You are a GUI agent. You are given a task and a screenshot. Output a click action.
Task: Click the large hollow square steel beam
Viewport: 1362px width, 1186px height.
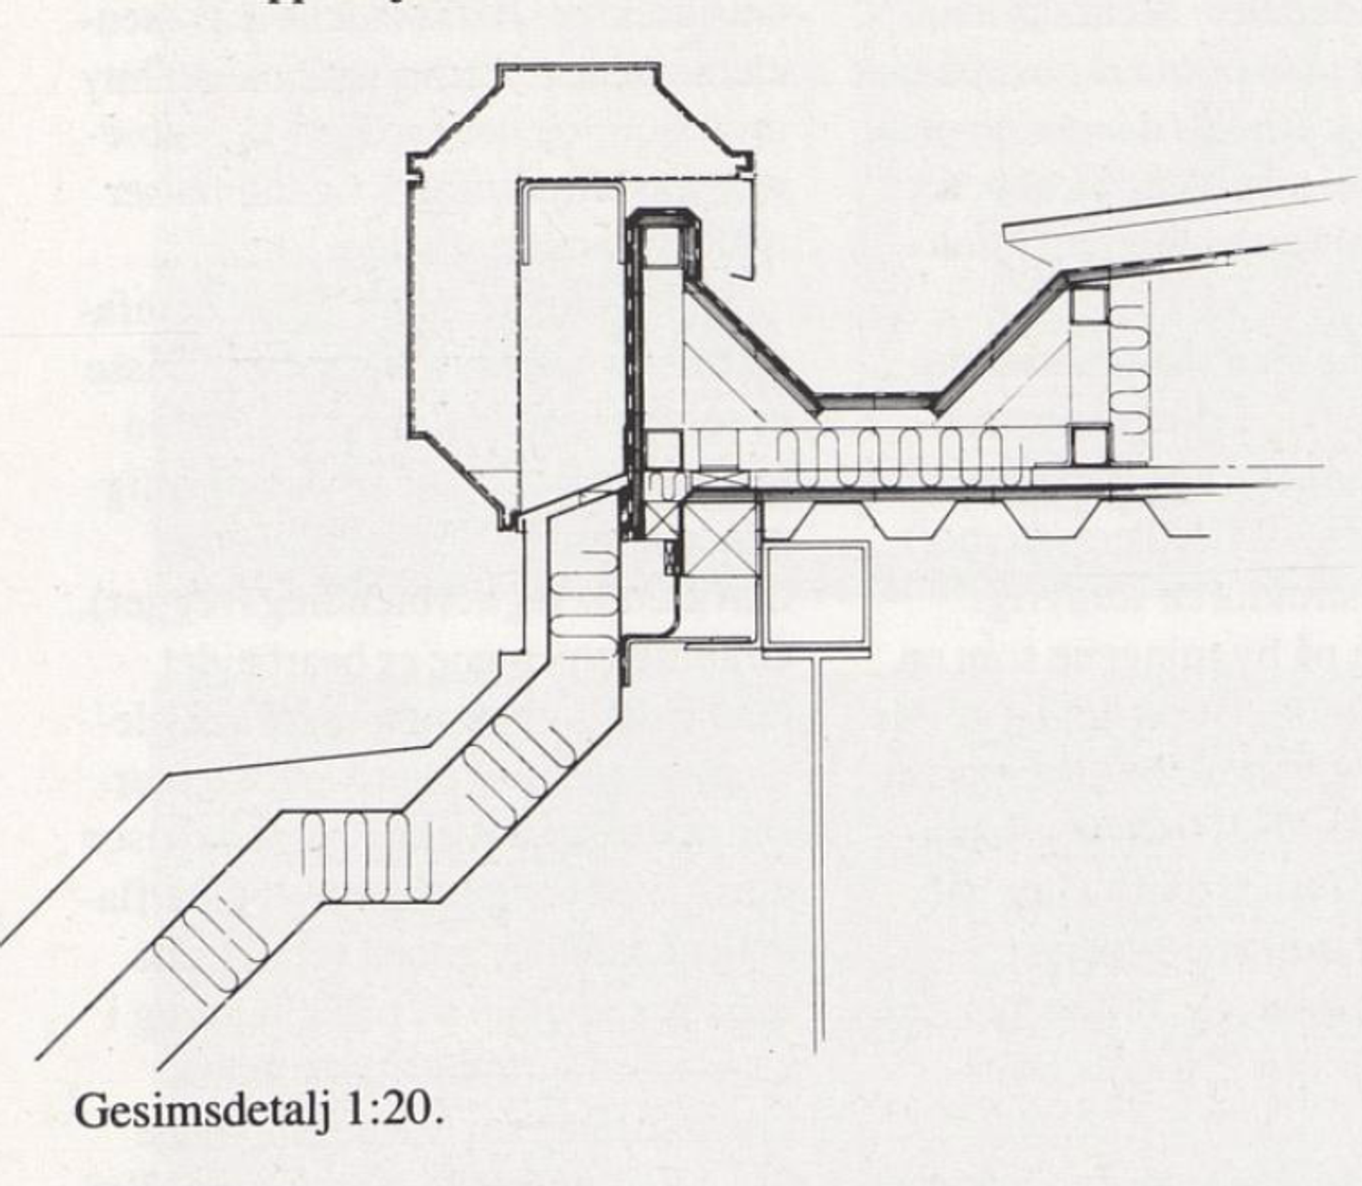(816, 595)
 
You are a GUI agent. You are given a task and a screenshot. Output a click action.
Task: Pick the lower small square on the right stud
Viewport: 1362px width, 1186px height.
(1089, 445)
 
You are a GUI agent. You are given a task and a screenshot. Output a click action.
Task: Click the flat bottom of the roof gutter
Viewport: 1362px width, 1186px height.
(878, 402)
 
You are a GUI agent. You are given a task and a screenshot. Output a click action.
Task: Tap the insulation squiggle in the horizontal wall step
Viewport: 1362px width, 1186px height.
(366, 857)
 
